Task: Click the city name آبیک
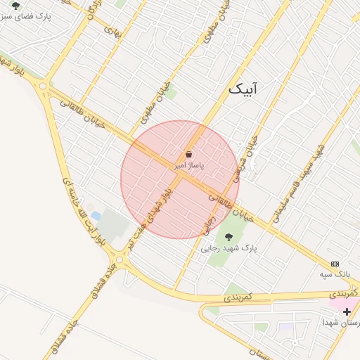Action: tap(243, 89)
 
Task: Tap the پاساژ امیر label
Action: tap(189, 165)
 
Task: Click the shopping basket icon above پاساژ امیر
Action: tap(189, 154)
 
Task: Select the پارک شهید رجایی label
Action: tap(229, 248)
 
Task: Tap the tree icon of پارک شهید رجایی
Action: tap(228, 237)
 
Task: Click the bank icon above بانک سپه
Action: tap(335, 263)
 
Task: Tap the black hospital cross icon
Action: tap(347, 311)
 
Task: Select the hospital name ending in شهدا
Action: tap(341, 322)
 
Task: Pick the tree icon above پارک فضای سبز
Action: tap(15, 5)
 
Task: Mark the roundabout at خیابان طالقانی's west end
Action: tap(44, 86)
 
